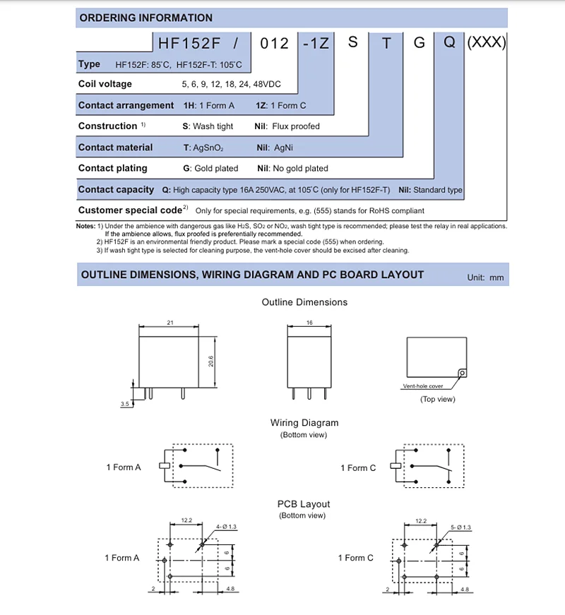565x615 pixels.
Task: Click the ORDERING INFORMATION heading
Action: click(145, 18)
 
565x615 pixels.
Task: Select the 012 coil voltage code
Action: click(275, 43)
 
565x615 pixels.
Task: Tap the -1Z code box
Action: click(314, 43)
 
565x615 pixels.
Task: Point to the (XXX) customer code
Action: click(487, 42)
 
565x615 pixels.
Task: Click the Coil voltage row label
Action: click(105, 84)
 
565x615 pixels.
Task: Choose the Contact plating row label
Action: click(113, 168)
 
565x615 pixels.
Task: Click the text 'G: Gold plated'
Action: click(210, 169)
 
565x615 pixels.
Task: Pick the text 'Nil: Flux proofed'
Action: click(287, 126)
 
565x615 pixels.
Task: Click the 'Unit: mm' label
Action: click(486, 277)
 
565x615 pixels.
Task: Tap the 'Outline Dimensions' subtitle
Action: click(304, 302)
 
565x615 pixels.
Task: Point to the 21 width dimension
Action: click(170, 322)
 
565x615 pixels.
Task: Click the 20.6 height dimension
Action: click(210, 361)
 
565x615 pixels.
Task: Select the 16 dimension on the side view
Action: click(309, 322)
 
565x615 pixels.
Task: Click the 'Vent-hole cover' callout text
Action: click(422, 387)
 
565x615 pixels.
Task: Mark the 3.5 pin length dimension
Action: click(124, 405)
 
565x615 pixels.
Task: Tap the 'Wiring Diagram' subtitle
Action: click(304, 423)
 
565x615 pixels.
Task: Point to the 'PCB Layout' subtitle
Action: click(304, 504)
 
